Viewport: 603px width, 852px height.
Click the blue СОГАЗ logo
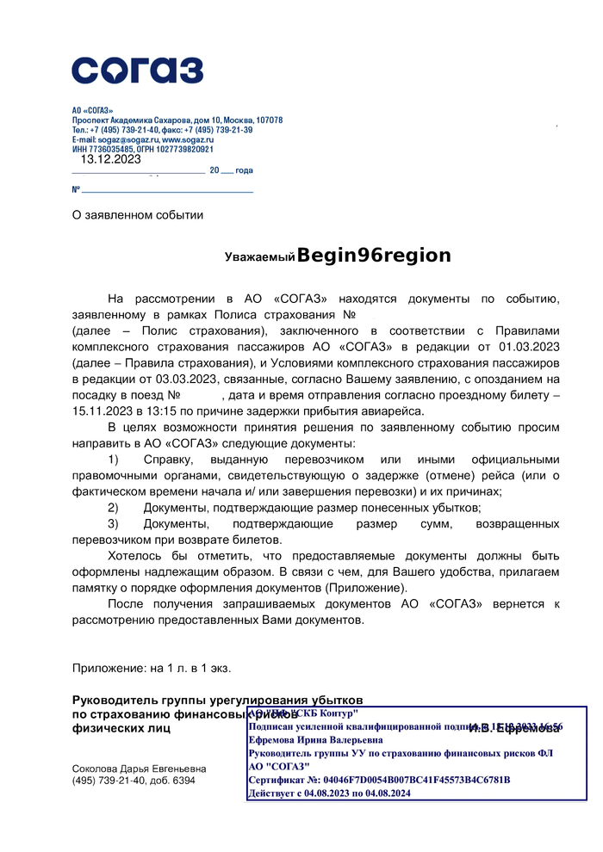pyautogui.click(x=137, y=70)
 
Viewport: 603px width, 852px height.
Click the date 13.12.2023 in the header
pyautogui.click(x=110, y=159)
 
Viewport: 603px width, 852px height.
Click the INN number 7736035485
pyautogui.click(x=109, y=149)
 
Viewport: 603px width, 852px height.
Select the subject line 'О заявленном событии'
pyautogui.click(x=138, y=215)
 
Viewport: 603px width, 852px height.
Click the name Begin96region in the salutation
pyautogui.click(x=375, y=256)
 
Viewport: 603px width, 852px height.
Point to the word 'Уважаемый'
pyautogui.click(x=260, y=257)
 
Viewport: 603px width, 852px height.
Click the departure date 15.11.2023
pyautogui.click(x=103, y=411)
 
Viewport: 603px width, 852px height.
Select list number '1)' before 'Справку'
pyautogui.click(x=114, y=460)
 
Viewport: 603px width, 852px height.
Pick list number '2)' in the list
pyautogui.click(x=114, y=508)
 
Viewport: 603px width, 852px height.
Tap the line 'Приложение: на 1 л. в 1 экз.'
pyautogui.click(x=152, y=667)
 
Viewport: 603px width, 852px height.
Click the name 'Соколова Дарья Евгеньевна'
pyautogui.click(x=139, y=769)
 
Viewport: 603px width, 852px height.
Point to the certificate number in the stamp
pyautogui.click(x=379, y=780)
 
